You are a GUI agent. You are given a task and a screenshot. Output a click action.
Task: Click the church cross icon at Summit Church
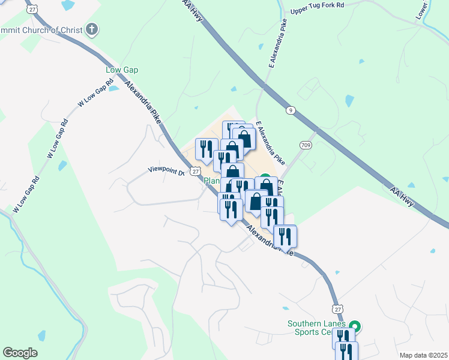92,29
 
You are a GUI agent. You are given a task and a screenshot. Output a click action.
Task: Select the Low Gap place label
122,70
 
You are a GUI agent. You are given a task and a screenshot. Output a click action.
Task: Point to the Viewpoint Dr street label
166,172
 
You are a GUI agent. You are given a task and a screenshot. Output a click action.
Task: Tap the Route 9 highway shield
291,110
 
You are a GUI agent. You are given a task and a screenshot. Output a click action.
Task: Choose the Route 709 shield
306,145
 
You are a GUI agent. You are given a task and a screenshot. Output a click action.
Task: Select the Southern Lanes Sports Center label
317,328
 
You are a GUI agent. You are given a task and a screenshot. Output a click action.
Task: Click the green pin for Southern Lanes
355,328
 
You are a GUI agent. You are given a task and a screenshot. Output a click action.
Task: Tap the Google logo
20,353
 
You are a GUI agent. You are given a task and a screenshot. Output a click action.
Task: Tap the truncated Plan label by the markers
212,181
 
